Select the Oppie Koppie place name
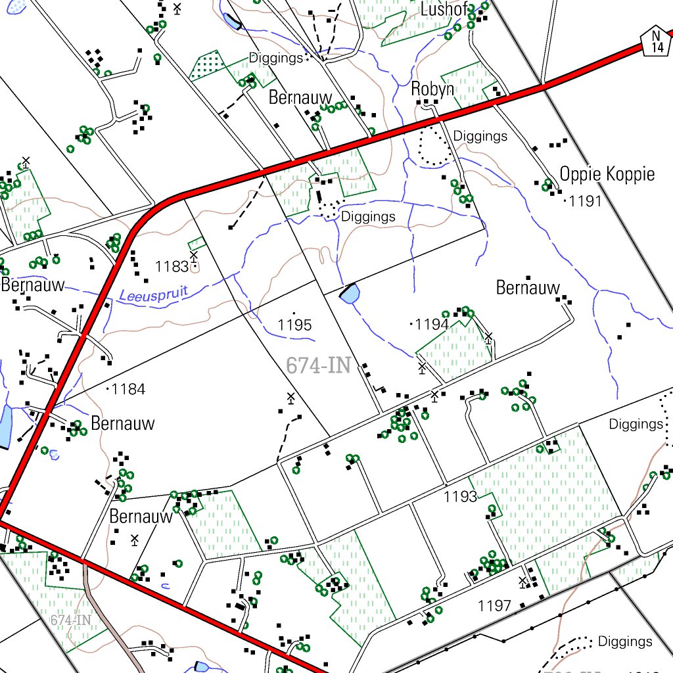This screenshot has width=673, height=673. [x=607, y=174]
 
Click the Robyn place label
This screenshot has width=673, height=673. [x=432, y=89]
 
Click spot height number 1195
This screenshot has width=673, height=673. [x=294, y=325]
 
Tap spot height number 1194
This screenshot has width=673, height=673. [x=432, y=324]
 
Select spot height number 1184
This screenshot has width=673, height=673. [x=128, y=389]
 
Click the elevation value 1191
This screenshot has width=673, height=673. [x=585, y=201]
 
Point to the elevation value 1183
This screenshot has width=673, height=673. [x=172, y=266]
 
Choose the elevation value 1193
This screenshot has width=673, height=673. [x=460, y=496]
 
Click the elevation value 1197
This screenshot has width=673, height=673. [x=494, y=605]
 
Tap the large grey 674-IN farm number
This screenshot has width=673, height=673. [x=318, y=366]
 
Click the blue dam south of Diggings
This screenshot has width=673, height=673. [x=349, y=293]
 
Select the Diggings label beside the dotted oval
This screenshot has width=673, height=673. [x=480, y=136]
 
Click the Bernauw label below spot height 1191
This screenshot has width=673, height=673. [x=528, y=287]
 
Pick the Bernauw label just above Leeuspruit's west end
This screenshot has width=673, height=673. [x=33, y=285]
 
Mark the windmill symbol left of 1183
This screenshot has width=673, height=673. [x=193, y=256]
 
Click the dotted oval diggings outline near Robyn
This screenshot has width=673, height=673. [x=432, y=145]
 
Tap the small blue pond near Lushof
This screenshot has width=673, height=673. [x=231, y=21]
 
